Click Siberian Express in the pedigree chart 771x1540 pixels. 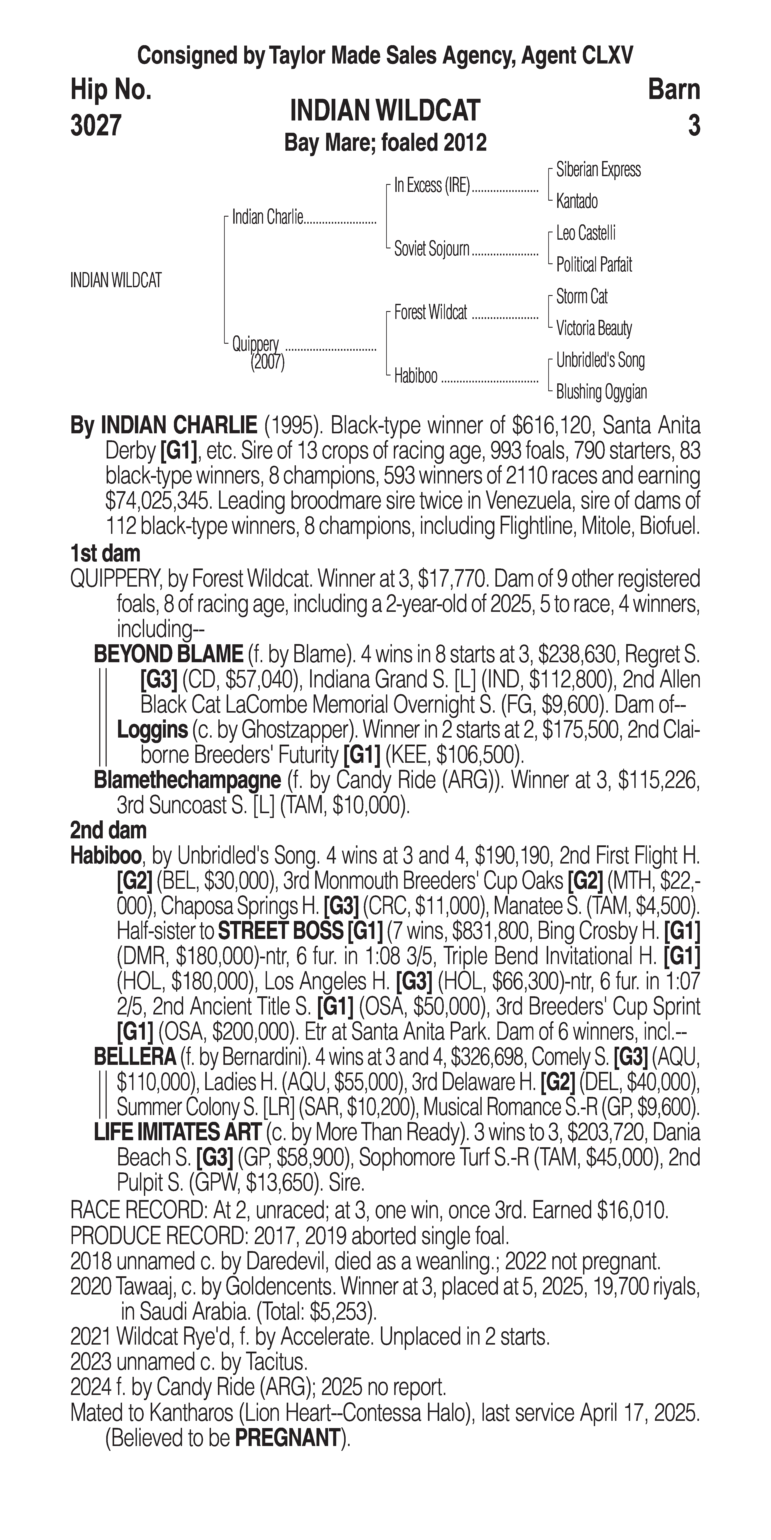(598, 170)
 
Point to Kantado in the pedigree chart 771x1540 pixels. (577, 202)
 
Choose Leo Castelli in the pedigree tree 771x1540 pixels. (586, 233)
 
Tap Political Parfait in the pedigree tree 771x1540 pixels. (594, 265)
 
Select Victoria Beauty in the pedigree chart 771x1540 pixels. (594, 328)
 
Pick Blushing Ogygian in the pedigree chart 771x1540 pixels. (601, 392)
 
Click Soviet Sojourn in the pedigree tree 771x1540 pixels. (431, 249)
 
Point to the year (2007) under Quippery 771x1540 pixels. (267, 362)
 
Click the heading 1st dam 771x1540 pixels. (105, 554)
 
